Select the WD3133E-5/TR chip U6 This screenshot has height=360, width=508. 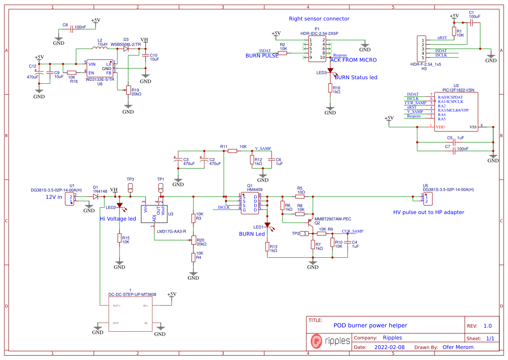click(x=100, y=69)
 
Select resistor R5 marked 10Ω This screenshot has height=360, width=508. click(x=300, y=197)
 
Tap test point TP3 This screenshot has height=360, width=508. click(x=130, y=188)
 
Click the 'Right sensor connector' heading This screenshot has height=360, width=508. click(x=319, y=19)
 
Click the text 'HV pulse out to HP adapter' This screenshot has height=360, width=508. click(x=428, y=212)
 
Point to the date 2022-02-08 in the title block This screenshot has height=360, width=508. click(x=389, y=347)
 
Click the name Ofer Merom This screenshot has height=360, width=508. click(x=458, y=347)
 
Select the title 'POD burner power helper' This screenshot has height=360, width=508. click(x=370, y=325)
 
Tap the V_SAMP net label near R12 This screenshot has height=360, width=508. click(x=262, y=149)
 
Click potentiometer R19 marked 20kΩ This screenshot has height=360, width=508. click(x=128, y=90)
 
